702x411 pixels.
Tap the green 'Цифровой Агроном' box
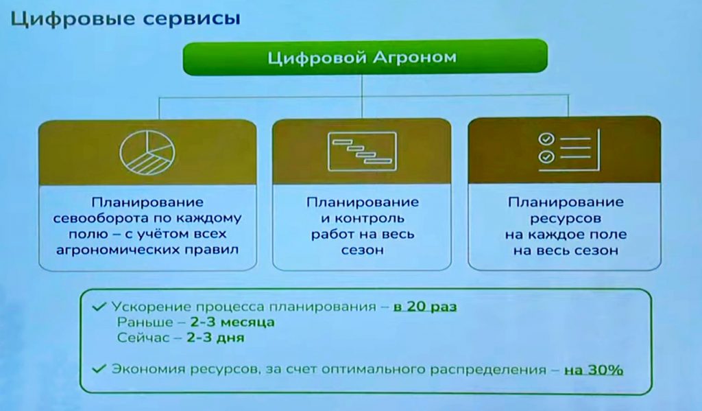click(365, 58)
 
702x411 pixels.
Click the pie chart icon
click(147, 152)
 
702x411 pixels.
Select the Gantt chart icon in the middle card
click(362, 152)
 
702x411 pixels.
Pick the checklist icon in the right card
click(569, 150)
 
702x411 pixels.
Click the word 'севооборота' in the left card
click(97, 219)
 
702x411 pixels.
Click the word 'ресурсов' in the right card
click(566, 219)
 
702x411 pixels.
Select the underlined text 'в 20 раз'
click(425, 307)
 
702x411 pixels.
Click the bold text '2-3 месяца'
click(232, 322)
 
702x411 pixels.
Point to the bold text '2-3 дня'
click(215, 337)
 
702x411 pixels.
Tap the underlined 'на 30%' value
click(594, 370)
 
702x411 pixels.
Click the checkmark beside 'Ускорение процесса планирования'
click(99, 307)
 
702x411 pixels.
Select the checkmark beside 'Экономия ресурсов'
click(99, 369)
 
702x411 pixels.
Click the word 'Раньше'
click(145, 322)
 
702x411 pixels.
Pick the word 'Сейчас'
click(143, 338)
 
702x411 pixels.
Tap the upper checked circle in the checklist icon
click(546, 139)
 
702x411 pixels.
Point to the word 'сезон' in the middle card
click(362, 250)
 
